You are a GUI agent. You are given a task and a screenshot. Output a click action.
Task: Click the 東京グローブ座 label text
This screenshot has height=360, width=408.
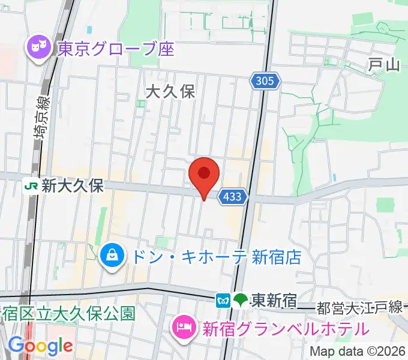tap(116, 48)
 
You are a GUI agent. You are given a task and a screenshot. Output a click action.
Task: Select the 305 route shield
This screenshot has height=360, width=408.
tap(265, 82)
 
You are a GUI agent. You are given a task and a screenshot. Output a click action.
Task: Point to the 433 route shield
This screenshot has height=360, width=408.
tap(232, 196)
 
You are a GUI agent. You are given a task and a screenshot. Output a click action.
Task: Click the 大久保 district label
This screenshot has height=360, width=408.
tap(171, 92)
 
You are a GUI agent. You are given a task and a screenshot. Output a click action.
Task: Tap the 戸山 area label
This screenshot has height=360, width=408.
tap(383, 65)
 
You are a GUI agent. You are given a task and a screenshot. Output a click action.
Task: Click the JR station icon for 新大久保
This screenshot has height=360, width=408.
tap(31, 186)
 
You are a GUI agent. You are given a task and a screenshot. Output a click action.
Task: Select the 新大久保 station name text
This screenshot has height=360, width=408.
tap(72, 186)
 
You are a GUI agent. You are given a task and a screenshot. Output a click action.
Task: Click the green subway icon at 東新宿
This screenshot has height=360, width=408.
tap(241, 299)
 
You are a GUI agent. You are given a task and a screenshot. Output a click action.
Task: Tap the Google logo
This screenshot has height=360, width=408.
tap(40, 346)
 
